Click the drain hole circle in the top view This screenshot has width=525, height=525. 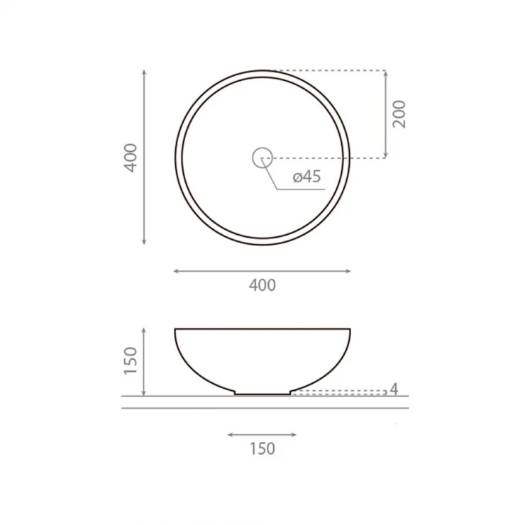(262, 148)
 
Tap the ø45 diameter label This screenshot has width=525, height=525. (306, 177)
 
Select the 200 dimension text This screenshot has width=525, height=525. (399, 114)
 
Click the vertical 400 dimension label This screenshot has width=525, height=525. (131, 157)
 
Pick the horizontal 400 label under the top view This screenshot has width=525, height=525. (262, 285)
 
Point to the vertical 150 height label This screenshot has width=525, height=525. (131, 360)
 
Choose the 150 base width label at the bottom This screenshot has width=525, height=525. (262, 448)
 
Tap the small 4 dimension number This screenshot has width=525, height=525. (394, 389)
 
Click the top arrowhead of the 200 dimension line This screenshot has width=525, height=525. (386, 73)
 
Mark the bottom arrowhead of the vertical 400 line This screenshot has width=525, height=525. (144, 242)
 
